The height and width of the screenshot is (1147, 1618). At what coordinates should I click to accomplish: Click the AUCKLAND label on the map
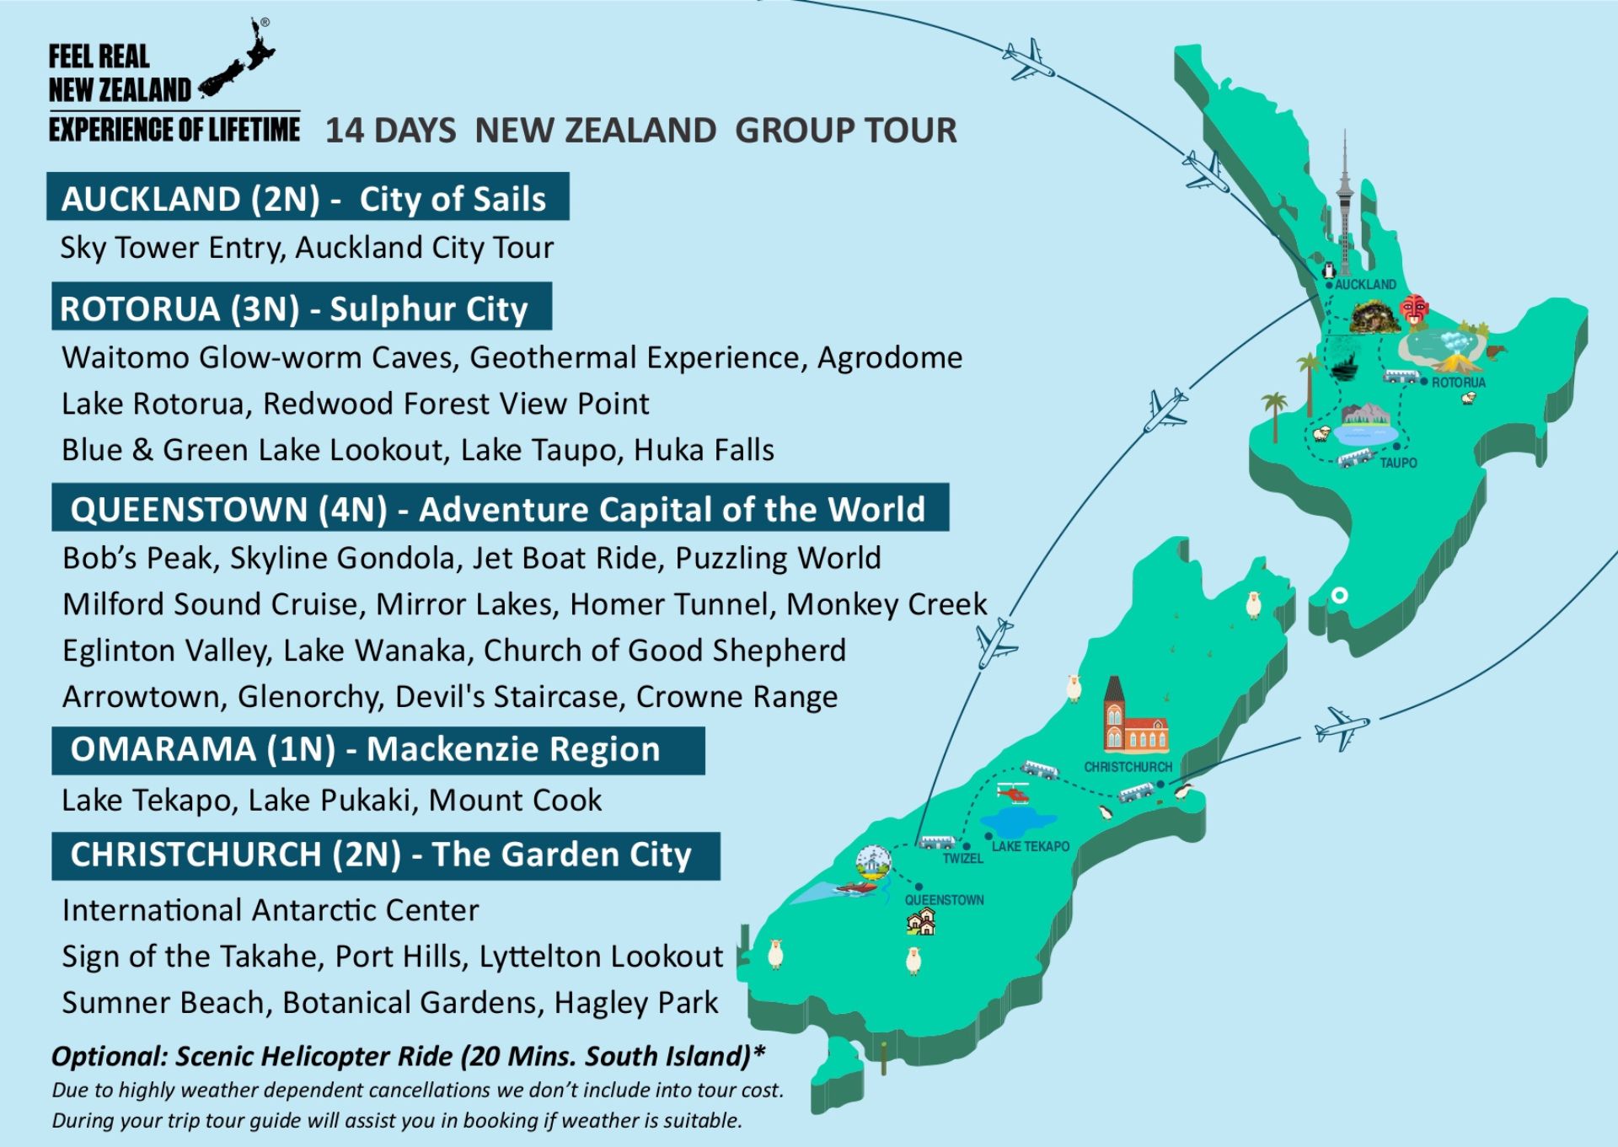click(1365, 285)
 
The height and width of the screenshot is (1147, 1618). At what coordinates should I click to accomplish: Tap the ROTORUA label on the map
click(1459, 383)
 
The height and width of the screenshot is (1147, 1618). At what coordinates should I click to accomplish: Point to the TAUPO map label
click(1398, 463)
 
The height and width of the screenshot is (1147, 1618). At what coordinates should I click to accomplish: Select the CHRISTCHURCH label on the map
click(1128, 767)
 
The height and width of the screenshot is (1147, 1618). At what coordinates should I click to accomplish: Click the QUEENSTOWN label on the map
click(944, 900)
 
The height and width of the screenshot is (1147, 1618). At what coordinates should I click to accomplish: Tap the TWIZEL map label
click(962, 859)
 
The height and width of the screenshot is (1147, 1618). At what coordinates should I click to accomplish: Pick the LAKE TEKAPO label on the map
click(1030, 846)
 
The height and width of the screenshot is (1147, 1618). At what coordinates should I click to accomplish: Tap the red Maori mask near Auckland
click(1414, 309)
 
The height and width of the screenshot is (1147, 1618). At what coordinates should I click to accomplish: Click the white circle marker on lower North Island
click(1339, 596)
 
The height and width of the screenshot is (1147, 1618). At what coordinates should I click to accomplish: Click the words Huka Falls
click(704, 450)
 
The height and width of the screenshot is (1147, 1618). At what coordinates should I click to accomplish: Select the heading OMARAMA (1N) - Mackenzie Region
click(365, 749)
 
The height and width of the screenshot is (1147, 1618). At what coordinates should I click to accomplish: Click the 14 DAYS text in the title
click(390, 131)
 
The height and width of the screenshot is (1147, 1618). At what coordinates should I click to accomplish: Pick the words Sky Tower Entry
click(173, 248)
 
